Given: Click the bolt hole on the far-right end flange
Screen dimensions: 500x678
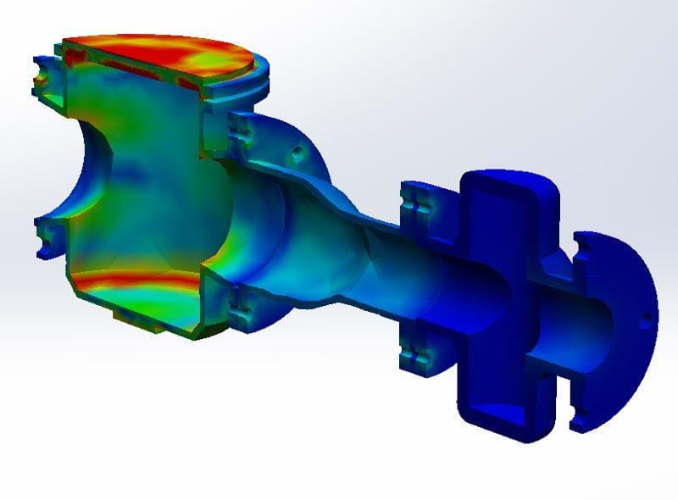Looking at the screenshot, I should click(x=647, y=321).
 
